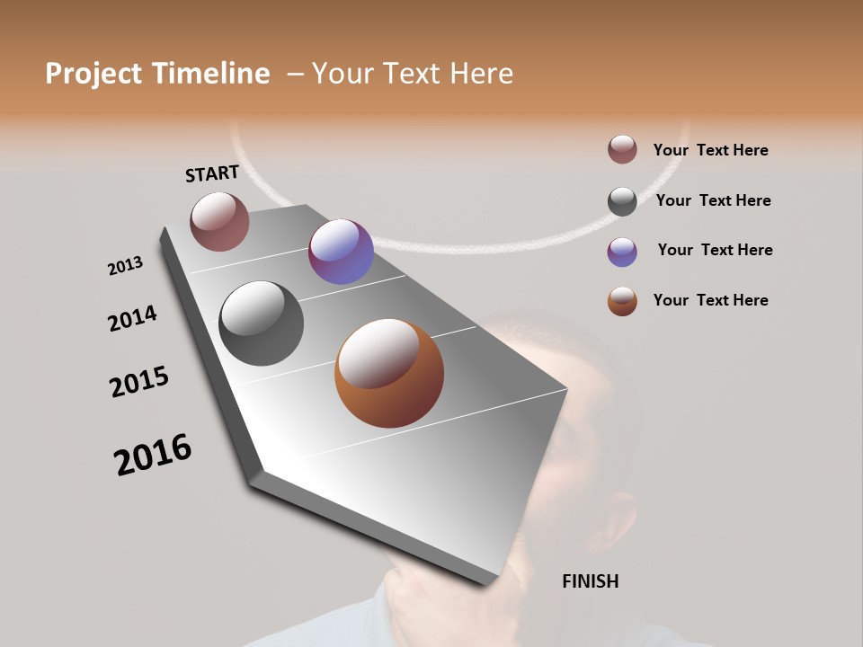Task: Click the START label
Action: click(x=212, y=173)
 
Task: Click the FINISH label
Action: click(x=590, y=581)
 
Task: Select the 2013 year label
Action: click(x=125, y=266)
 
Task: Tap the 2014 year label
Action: click(x=132, y=318)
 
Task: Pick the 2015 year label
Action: click(x=139, y=382)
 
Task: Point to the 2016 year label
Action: click(x=153, y=455)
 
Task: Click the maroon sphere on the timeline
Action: click(x=219, y=221)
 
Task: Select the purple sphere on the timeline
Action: click(x=341, y=252)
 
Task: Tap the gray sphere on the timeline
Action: click(x=261, y=323)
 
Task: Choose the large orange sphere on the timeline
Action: click(x=389, y=373)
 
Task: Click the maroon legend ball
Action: click(x=622, y=149)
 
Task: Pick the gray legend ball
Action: click(x=622, y=201)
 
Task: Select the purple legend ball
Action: click(x=622, y=252)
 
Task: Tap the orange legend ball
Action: click(x=622, y=301)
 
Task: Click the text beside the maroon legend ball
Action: click(x=710, y=151)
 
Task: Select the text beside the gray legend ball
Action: click(x=713, y=200)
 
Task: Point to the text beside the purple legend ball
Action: click(x=715, y=250)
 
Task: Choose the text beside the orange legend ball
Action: click(x=710, y=300)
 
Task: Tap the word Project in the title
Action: click(x=92, y=74)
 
